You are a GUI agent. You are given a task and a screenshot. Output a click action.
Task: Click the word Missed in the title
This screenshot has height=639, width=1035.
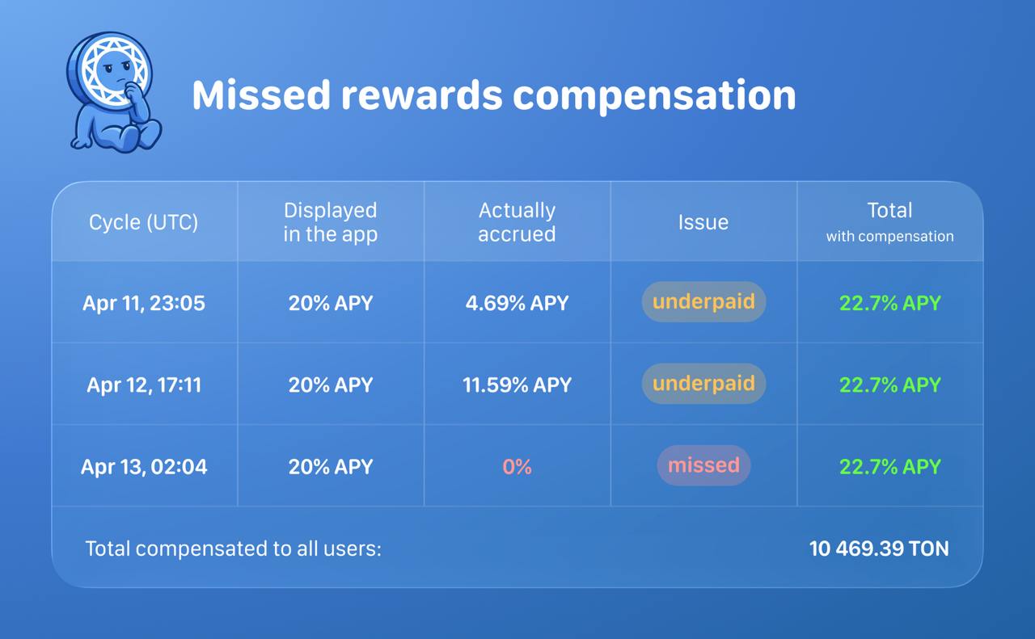click(x=261, y=95)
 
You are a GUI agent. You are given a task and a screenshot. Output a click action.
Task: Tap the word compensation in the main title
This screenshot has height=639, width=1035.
click(x=654, y=96)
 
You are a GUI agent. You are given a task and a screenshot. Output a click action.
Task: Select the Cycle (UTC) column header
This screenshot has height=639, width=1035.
click(x=143, y=222)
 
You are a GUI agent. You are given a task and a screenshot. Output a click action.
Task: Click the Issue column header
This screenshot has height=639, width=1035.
click(x=703, y=222)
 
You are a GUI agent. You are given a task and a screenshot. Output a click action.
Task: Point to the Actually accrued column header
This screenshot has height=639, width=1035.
click(x=517, y=222)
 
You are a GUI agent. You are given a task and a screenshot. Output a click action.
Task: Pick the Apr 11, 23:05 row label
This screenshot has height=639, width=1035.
click(x=143, y=303)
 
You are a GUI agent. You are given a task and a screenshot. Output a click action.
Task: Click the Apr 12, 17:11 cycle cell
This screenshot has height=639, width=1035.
click(x=144, y=385)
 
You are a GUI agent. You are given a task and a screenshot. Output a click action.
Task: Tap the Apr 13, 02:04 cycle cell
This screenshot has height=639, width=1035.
click(x=144, y=467)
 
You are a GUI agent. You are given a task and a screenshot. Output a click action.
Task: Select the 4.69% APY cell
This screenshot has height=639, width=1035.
click(x=517, y=303)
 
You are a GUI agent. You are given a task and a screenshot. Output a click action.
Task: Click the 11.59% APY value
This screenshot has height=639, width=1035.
click(x=517, y=385)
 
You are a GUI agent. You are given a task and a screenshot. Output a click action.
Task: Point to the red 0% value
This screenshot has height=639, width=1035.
click(x=517, y=467)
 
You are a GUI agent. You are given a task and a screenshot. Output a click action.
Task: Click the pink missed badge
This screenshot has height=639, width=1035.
click(x=703, y=465)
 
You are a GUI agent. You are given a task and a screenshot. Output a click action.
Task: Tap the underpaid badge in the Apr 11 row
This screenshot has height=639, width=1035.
click(x=703, y=301)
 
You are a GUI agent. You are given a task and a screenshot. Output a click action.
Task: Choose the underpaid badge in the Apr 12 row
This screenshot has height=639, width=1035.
click(x=703, y=383)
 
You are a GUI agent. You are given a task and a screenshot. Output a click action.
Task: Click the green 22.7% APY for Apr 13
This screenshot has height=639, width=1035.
click(x=890, y=467)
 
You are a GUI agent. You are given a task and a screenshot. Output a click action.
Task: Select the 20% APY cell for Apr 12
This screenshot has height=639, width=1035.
click(x=331, y=385)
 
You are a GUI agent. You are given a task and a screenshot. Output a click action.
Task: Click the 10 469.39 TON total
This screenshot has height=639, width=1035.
click(x=879, y=549)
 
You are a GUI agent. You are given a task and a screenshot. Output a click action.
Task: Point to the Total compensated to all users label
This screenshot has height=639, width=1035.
click(x=234, y=549)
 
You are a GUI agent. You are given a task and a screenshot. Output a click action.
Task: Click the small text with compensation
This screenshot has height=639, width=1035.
click(x=890, y=237)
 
